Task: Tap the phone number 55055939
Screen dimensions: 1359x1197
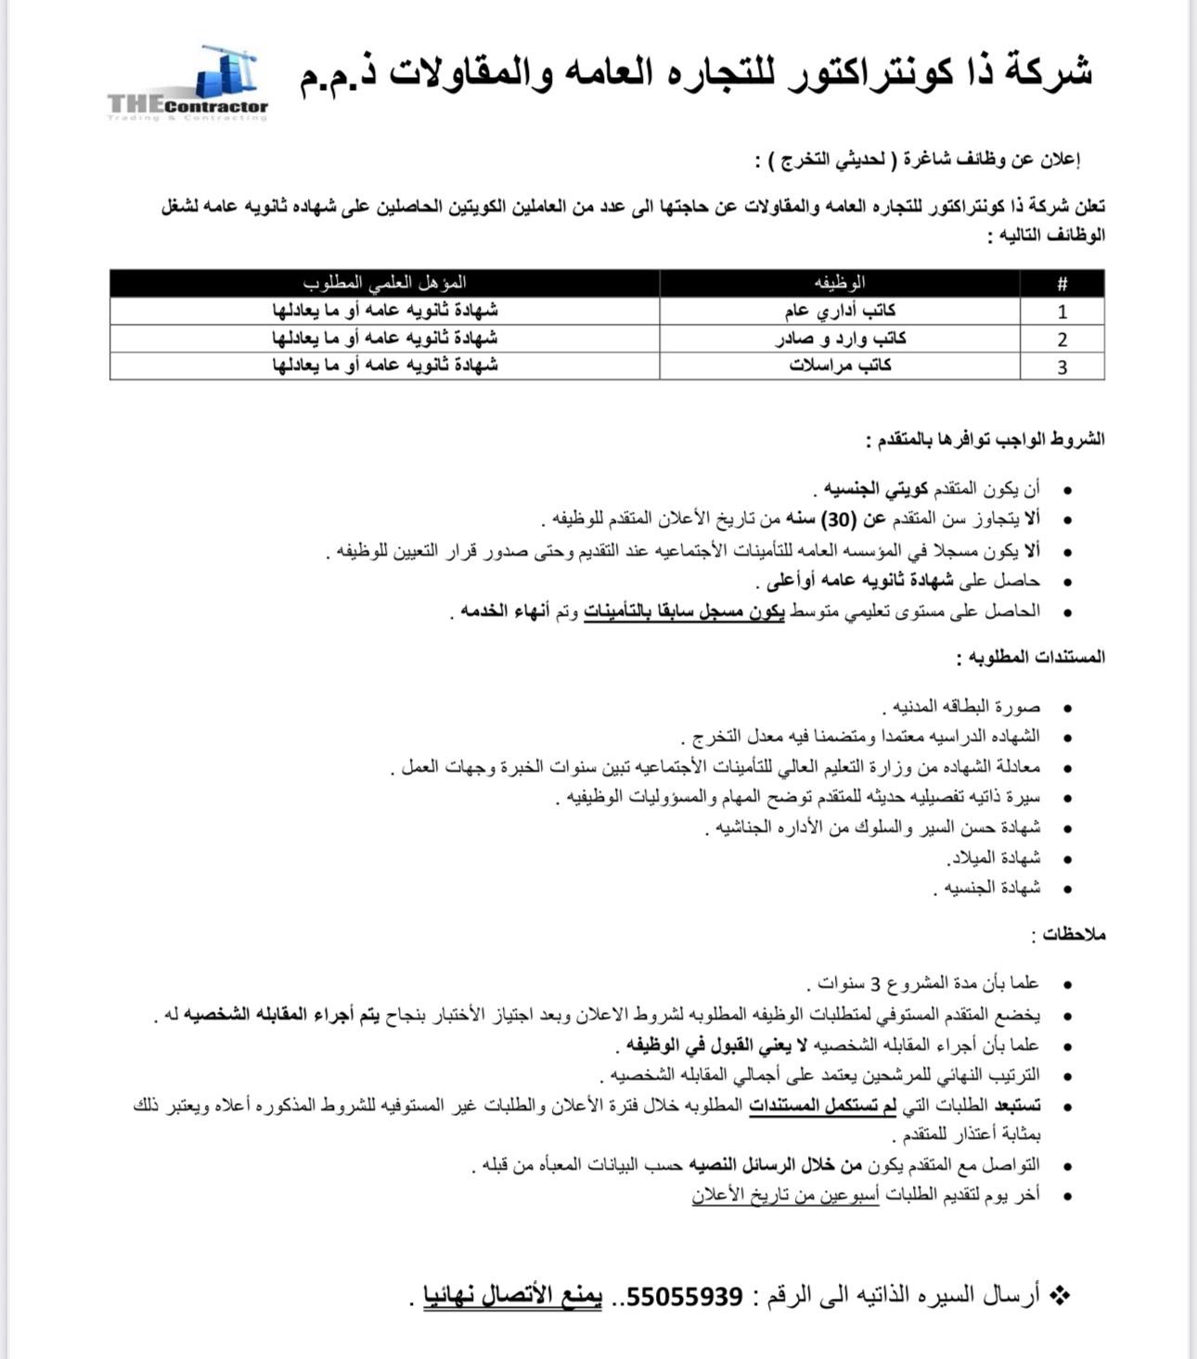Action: [686, 1297]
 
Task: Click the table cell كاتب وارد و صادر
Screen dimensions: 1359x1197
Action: [841, 339]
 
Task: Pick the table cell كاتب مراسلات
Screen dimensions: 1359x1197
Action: [841, 365]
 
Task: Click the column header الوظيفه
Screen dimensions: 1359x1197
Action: [840, 283]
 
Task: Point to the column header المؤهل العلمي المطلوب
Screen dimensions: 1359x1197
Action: [384, 283]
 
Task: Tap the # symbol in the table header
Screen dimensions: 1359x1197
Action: [1062, 284]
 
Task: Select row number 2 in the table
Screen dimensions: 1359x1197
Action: [1062, 340]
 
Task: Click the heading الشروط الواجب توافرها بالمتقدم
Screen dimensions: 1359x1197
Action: [985, 440]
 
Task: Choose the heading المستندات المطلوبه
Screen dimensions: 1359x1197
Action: [1030, 658]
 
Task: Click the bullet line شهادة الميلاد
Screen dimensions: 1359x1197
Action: [993, 858]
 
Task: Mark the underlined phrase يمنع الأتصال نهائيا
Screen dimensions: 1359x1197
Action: [513, 1297]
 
